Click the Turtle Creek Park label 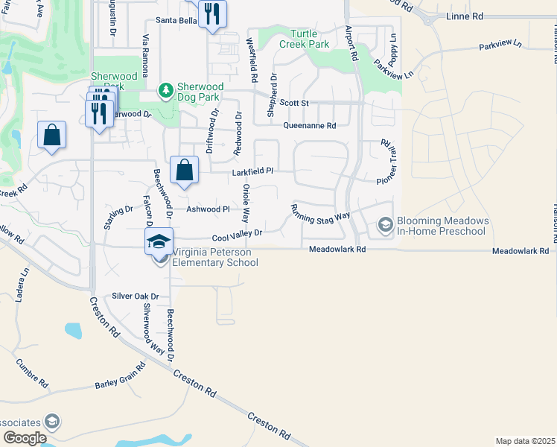(304, 39)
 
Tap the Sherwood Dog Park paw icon (165, 90)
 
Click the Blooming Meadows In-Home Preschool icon (385, 224)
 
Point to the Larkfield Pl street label (253, 171)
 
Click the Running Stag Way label (320, 212)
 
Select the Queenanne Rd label (309, 125)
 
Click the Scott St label (293, 103)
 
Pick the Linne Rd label (464, 16)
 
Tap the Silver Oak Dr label (136, 296)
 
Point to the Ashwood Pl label (208, 209)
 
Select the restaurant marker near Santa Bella (212, 14)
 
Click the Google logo (25, 437)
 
